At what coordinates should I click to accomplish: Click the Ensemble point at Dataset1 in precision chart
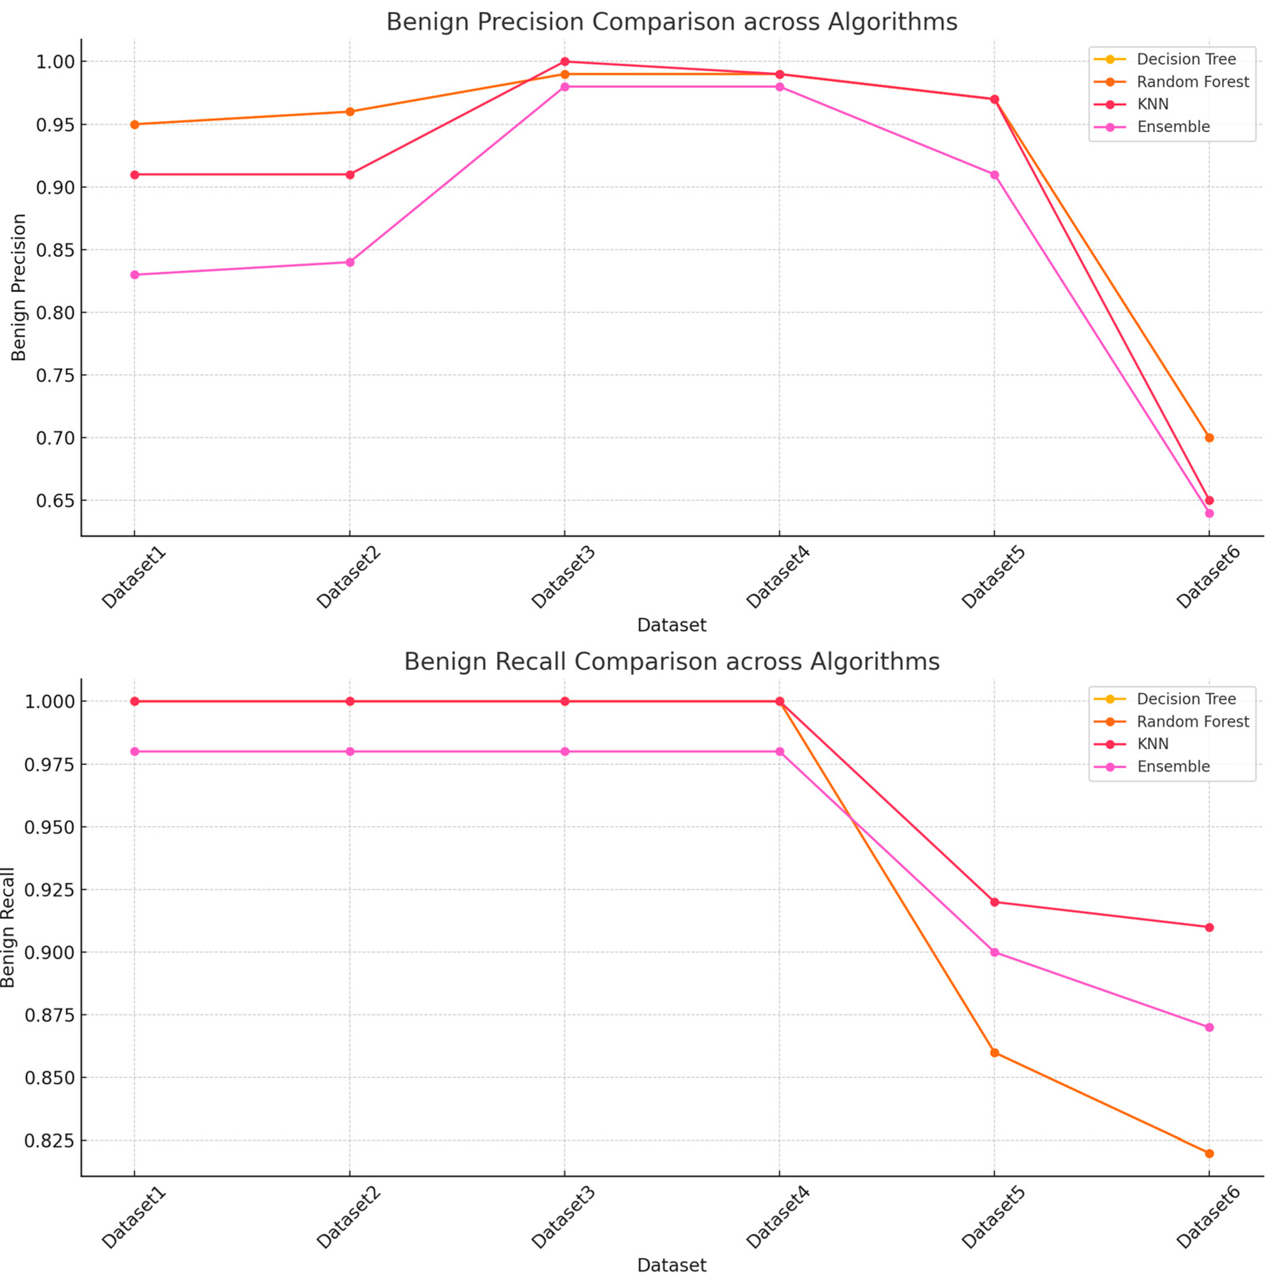click(x=135, y=274)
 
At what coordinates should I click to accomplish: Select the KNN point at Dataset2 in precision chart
click(x=350, y=175)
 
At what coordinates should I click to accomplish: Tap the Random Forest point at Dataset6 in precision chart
click(x=1209, y=438)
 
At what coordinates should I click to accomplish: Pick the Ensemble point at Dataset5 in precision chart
click(x=994, y=175)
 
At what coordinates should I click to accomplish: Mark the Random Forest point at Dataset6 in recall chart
click(x=1209, y=1154)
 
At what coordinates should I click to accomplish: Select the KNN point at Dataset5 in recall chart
click(x=994, y=902)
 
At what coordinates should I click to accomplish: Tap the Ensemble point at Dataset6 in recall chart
click(x=1209, y=1027)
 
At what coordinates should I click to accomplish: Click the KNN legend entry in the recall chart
click(x=1152, y=744)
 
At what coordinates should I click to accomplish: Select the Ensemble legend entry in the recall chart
click(x=1172, y=766)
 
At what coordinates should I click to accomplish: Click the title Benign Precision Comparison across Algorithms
click(x=671, y=22)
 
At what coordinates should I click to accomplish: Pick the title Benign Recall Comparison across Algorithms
click(x=671, y=661)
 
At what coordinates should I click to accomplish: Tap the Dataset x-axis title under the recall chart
click(x=671, y=1265)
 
